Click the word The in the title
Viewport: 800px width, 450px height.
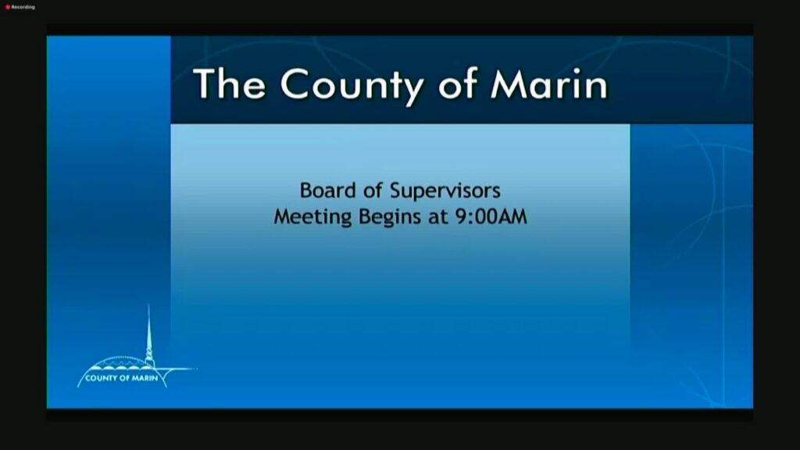pos(230,83)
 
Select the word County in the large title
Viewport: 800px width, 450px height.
pos(352,87)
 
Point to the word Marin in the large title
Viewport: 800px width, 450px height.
pos(549,84)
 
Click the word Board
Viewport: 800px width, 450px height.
pos(327,191)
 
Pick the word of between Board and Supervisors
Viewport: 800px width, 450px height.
pos(373,191)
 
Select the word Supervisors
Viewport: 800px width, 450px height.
pos(445,191)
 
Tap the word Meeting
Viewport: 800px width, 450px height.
pos(312,217)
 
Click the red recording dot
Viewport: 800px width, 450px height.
pos(8,7)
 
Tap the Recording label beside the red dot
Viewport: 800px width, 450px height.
pos(23,7)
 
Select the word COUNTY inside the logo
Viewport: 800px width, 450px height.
pos(101,378)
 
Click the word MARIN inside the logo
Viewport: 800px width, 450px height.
pos(145,378)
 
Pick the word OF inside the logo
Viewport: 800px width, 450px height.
pos(124,378)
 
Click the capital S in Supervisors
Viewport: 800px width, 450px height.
pos(396,191)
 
